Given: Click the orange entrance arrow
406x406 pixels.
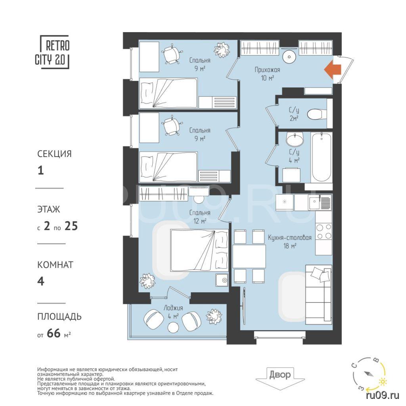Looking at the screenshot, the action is click(x=333, y=69).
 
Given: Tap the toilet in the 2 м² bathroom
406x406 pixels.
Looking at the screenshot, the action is click(x=316, y=114).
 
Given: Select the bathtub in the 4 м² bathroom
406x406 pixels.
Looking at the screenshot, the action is click(x=321, y=157).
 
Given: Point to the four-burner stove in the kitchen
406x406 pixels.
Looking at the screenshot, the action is click(x=324, y=232).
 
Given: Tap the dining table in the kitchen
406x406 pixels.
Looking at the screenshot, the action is click(x=249, y=257).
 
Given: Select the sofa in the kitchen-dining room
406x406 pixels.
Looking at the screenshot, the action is click(x=318, y=295).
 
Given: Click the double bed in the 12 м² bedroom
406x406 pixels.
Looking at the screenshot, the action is click(x=199, y=251).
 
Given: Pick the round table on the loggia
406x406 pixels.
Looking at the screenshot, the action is click(x=173, y=328).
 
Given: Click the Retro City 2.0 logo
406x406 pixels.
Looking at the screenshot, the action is click(x=53, y=52).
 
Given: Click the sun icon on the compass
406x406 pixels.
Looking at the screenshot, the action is click(x=383, y=381).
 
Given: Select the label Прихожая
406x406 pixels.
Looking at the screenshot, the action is click(x=267, y=70).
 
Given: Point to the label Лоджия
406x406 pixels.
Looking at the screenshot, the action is click(x=173, y=308).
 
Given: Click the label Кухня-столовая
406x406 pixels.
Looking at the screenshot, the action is click(x=289, y=238).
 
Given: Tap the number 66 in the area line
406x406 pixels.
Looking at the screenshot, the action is click(x=54, y=333).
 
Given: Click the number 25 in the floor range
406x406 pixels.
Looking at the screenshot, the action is click(x=71, y=226).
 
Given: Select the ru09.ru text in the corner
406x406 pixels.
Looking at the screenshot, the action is click(x=383, y=395).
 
